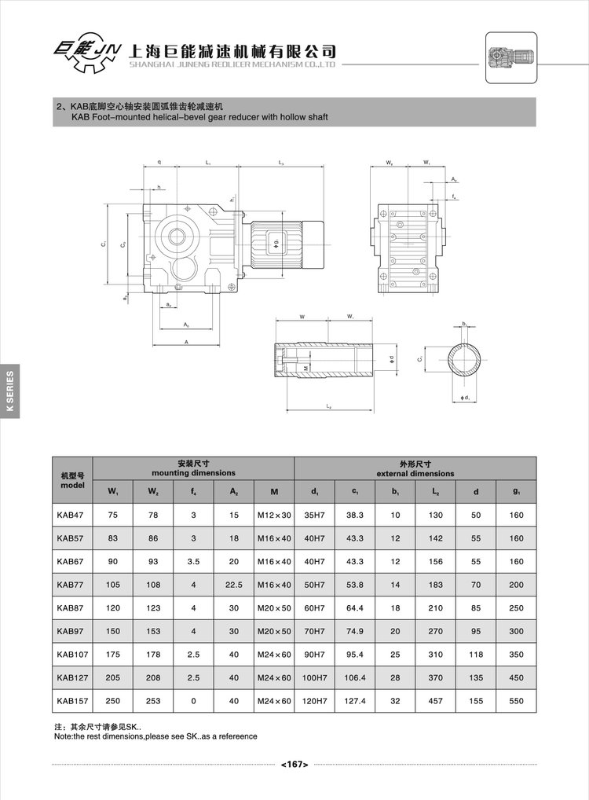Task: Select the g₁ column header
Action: pos(516,492)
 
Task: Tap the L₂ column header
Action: pos(436,492)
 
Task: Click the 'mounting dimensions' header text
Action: pos(193,473)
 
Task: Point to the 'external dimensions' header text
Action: pos(415,473)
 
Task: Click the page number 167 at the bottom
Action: pos(294,763)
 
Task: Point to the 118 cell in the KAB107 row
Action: pos(476,654)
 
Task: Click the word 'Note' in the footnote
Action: pos(63,736)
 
